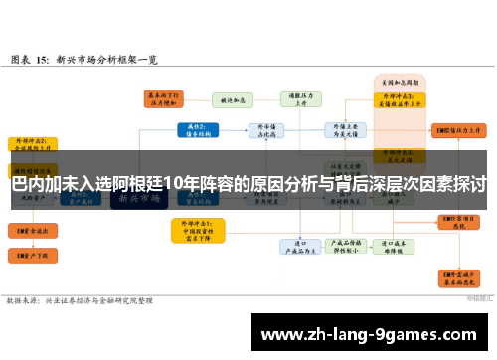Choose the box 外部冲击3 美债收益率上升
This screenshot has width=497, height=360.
pos(400,98)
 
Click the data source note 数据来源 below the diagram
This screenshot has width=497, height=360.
pos(80,299)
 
